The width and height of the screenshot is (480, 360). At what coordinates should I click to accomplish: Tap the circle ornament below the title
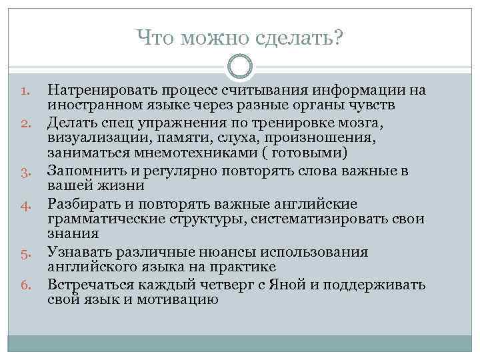(240, 67)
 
